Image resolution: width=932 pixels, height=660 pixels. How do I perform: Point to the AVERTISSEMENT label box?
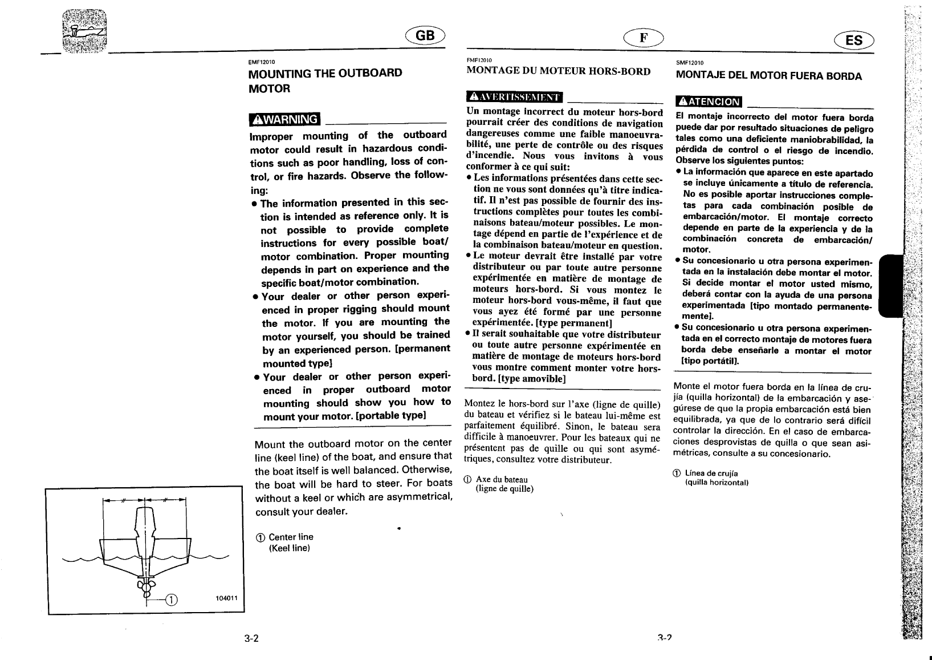pyautogui.click(x=514, y=99)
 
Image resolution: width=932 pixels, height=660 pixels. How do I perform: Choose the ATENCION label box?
pyautogui.click(x=709, y=102)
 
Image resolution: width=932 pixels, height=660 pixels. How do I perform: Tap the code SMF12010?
pyautogui.click(x=689, y=63)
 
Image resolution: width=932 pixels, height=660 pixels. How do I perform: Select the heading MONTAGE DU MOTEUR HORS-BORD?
pyautogui.click(x=558, y=72)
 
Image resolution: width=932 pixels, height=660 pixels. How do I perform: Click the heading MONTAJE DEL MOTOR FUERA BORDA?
pyautogui.click(x=768, y=76)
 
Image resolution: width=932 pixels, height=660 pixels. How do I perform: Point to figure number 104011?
pyautogui.click(x=227, y=598)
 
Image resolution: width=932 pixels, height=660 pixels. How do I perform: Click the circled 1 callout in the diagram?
pyautogui.click(x=172, y=599)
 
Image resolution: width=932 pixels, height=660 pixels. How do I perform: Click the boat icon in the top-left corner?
pyautogui.click(x=86, y=31)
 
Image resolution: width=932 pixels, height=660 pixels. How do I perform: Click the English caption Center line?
pyautogui.click(x=291, y=537)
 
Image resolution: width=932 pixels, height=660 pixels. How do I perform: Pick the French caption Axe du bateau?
pyautogui.click(x=502, y=480)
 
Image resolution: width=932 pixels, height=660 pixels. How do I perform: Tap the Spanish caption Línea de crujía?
pyautogui.click(x=711, y=473)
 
